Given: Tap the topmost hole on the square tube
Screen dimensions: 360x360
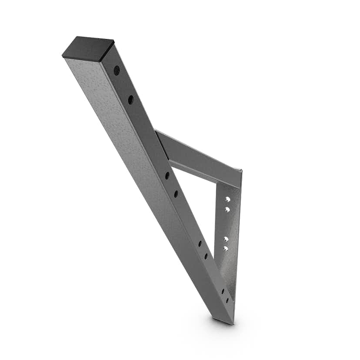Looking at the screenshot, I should click(x=117, y=70).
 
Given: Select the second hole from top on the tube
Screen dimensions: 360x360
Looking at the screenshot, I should click(x=130, y=100).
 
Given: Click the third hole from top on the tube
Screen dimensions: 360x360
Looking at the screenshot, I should click(x=167, y=176).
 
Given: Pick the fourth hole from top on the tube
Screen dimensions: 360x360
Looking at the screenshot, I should click(x=176, y=193).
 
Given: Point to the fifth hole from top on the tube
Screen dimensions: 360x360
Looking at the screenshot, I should click(x=200, y=243).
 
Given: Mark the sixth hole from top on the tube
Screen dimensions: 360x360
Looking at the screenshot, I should click(x=206, y=256).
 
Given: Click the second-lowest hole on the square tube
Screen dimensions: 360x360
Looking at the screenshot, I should click(x=223, y=291).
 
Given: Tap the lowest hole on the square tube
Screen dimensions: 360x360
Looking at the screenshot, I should click(x=227, y=300).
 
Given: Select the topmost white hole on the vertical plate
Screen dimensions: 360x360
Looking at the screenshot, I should click(x=227, y=199).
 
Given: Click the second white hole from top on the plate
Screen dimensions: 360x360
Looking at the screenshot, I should click(x=227, y=210).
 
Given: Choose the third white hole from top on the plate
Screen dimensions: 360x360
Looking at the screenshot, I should click(x=226, y=239).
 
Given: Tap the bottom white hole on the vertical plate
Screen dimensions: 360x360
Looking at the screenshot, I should click(x=226, y=248).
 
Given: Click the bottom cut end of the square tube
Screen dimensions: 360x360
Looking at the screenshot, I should click(x=223, y=320).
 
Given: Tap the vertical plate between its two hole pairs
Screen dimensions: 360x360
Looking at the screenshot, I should click(x=227, y=224).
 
